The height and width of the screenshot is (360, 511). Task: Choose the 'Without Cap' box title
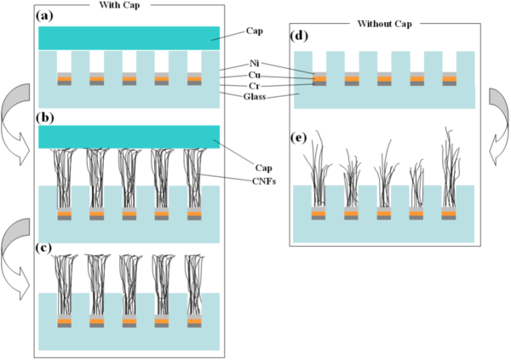(387, 23)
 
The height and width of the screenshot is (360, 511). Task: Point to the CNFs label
(265, 179)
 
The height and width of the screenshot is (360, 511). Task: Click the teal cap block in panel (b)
(129, 136)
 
